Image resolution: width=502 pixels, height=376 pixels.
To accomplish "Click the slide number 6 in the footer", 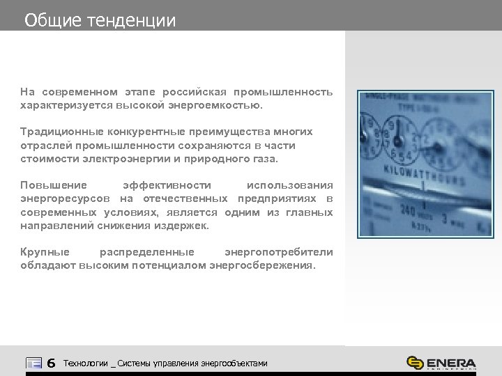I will (51, 363).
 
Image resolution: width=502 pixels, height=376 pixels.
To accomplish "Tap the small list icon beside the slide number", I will (33, 363).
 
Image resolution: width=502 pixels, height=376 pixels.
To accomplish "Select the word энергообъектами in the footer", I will (234, 363).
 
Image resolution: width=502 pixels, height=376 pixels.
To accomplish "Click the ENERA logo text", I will (452, 363).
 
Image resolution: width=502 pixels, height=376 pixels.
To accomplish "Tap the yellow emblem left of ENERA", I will (415, 363).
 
